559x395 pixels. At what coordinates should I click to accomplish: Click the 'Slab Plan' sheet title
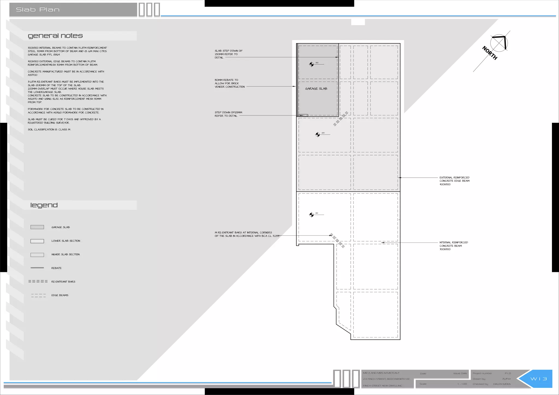coord(38,10)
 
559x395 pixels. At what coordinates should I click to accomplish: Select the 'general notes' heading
coord(55,36)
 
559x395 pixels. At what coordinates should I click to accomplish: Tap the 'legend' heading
coord(44,205)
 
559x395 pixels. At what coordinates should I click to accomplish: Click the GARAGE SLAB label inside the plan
coord(316,89)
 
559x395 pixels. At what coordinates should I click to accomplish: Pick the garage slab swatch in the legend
coord(37,227)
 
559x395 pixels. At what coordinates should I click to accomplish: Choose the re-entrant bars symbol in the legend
coord(38,282)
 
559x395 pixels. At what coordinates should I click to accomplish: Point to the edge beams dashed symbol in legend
coord(38,295)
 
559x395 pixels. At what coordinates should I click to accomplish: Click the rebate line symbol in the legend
coord(37,268)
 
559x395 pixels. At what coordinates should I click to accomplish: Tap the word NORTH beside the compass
coord(489,53)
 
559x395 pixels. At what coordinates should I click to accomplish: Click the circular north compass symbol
coord(499,43)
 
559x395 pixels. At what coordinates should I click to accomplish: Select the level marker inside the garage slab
coord(311,64)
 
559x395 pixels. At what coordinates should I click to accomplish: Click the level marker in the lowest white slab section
coord(311,215)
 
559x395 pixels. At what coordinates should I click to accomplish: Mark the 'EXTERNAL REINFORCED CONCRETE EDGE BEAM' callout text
coord(454,181)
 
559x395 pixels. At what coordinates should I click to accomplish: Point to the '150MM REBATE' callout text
coord(230,83)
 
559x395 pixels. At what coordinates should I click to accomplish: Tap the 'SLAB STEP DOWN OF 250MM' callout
coord(228,54)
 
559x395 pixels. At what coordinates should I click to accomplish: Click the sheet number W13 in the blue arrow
coord(539,379)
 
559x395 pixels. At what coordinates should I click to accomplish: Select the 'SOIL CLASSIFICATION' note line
coord(49,130)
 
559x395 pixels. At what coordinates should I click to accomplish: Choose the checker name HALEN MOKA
coord(502,384)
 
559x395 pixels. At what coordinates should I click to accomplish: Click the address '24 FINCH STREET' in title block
coord(386,379)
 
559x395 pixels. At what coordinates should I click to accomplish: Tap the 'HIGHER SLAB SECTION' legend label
coord(66,255)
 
